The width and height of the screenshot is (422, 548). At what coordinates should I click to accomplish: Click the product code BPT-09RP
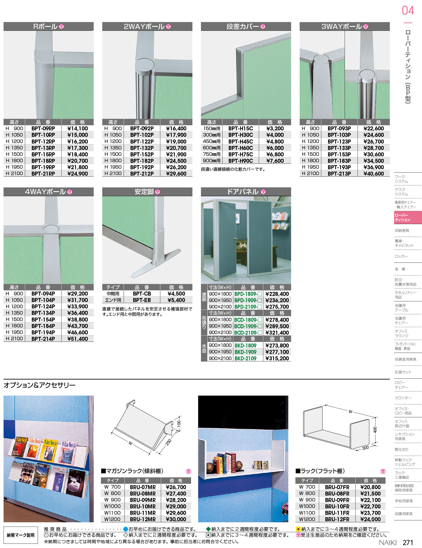pos(43,129)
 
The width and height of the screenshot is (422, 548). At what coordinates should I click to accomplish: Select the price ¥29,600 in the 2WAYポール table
pos(176,174)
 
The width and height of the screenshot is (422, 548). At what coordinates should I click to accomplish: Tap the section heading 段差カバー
pos(243,27)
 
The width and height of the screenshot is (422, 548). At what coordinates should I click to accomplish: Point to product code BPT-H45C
pos(241,142)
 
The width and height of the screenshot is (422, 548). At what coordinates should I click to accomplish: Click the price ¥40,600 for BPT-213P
pos(374,174)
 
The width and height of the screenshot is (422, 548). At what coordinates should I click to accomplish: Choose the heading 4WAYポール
pos(45,192)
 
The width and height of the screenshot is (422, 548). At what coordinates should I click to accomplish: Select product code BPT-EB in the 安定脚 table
pos(142,300)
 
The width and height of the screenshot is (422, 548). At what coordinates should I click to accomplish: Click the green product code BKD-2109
pos(245,358)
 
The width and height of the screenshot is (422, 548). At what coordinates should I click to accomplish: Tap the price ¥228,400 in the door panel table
pos(277,294)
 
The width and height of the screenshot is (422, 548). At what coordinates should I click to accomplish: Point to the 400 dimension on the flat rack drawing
pos(375,430)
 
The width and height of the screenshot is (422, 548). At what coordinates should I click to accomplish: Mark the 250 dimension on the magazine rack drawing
pos(168,442)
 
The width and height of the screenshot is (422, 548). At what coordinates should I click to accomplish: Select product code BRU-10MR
pos(143,507)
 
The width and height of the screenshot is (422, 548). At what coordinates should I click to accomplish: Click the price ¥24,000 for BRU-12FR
pos(370,519)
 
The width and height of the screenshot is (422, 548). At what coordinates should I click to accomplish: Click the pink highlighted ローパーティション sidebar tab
pos(408,217)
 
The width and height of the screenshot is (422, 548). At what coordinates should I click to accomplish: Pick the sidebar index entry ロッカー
pos(401,256)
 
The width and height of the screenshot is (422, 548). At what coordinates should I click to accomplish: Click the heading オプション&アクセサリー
pos(39,385)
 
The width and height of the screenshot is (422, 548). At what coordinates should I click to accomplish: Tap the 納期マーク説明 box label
pos(21,535)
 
